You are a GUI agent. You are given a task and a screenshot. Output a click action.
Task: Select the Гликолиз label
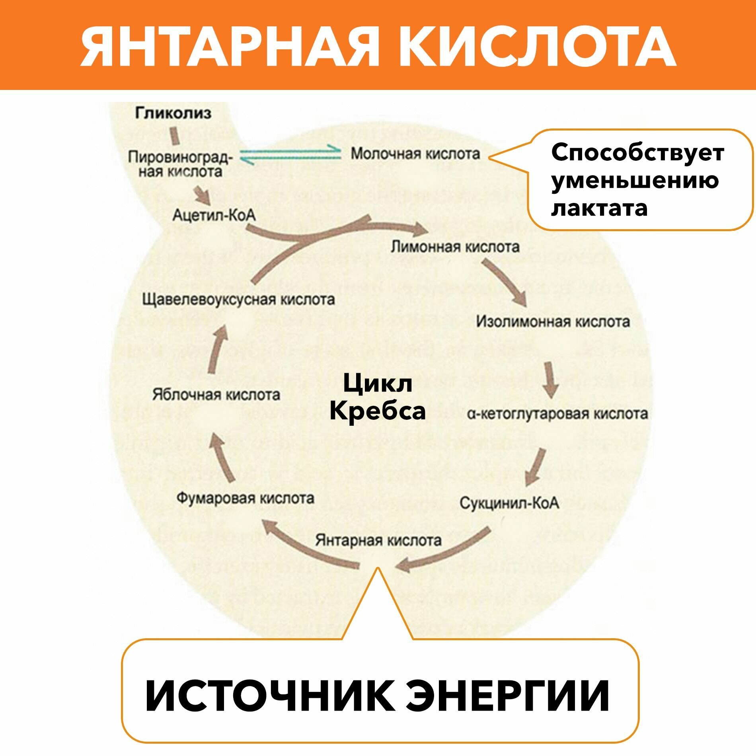click(173, 113)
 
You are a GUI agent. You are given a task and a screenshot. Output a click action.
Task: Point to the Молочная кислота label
click(415, 154)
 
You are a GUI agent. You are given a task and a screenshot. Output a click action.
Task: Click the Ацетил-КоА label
click(214, 215)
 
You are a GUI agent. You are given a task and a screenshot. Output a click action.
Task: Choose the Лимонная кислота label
click(455, 247)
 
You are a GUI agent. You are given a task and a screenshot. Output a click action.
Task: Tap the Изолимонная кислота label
click(553, 321)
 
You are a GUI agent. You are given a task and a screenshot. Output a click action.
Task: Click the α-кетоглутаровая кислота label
click(557, 414)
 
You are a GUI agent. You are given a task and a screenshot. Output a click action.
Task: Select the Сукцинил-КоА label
click(509, 503)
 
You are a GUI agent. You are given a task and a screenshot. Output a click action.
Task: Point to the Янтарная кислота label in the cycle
click(378, 540)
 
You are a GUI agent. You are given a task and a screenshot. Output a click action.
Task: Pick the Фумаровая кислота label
click(245, 498)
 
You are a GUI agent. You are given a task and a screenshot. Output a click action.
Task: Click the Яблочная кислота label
click(216, 395)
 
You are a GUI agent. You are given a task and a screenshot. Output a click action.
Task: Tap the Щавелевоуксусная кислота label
click(238, 299)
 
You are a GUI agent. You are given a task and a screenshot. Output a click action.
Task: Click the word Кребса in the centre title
click(377, 411)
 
